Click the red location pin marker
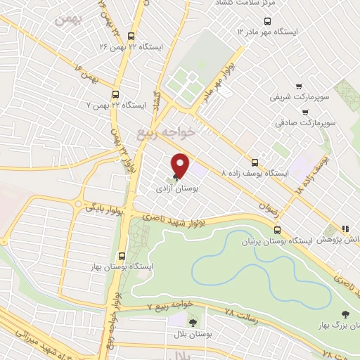181,166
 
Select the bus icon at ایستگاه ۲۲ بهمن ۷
115,93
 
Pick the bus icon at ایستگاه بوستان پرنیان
278,230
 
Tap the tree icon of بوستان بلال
193,321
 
